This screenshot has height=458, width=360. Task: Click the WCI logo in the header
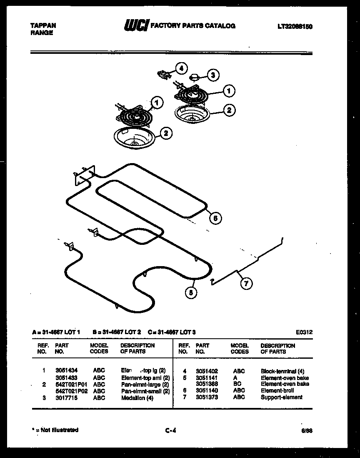click(136, 26)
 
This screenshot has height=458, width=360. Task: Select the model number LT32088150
click(295, 27)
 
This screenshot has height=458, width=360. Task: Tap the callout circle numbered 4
click(181, 68)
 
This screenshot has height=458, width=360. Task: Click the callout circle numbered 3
click(213, 75)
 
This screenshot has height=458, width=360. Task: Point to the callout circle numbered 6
click(215, 218)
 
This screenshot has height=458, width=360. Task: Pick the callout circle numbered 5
click(191, 293)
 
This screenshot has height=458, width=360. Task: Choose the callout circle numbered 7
click(246, 284)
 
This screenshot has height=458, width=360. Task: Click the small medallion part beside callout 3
click(194, 77)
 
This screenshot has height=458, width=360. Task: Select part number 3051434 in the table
click(66, 370)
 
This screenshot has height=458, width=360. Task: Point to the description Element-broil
click(277, 390)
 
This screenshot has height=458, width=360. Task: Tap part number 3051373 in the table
click(207, 397)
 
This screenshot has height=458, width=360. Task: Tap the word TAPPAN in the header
click(43, 25)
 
